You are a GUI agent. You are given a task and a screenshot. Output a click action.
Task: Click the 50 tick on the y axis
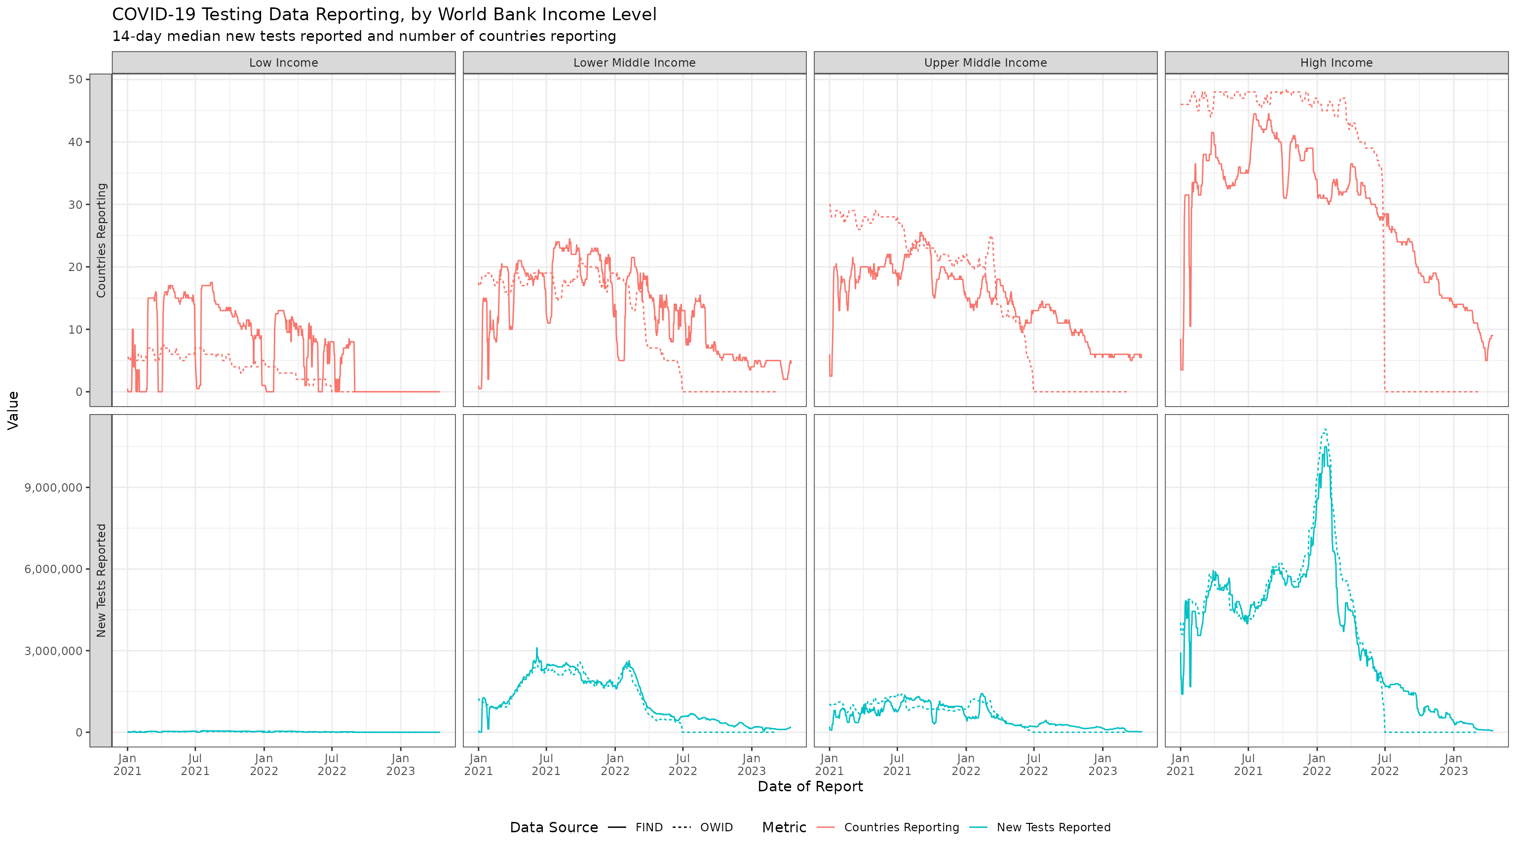[76, 79]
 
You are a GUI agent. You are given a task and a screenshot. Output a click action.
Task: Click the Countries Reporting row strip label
[101, 240]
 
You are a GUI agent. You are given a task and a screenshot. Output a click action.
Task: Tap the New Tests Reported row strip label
[101, 581]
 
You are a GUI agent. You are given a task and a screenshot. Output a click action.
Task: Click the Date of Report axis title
[810, 786]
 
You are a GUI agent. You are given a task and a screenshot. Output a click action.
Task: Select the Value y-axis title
[13, 410]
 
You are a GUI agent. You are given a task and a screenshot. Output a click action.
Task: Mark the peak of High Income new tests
[1325, 430]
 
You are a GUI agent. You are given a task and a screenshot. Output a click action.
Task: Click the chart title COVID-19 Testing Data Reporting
[384, 15]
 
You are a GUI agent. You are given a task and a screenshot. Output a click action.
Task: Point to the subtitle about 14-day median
[364, 37]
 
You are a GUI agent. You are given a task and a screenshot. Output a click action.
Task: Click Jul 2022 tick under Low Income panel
[332, 765]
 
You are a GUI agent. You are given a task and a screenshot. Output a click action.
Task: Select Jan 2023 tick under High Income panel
[1453, 765]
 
